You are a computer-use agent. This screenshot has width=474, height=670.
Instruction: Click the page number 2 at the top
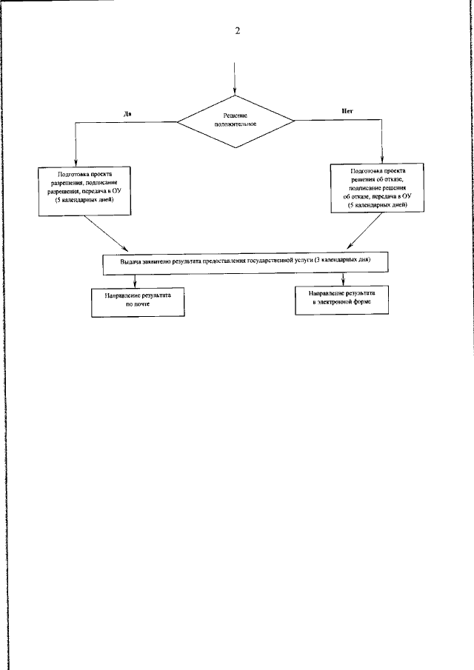[237, 30]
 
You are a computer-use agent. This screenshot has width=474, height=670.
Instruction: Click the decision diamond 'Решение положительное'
[236, 120]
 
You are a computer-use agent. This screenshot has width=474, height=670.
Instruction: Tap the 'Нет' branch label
[346, 111]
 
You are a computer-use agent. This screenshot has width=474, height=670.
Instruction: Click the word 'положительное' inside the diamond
[236, 124]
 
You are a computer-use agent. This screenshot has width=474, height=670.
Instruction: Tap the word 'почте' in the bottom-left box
[133, 304]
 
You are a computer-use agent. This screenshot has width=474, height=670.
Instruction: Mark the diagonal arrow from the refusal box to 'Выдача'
[365, 235]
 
